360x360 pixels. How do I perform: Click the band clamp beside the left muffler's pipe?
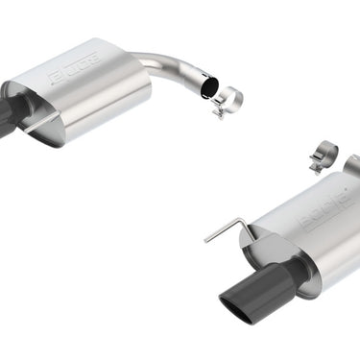[227, 100]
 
